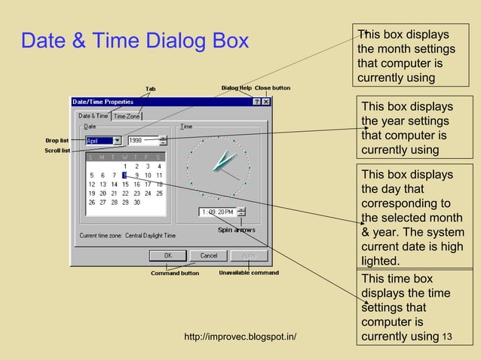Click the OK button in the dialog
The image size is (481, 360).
(x=169, y=255)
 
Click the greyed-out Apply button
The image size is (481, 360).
(x=248, y=255)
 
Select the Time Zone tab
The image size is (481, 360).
(x=127, y=116)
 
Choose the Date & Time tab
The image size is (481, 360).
(x=93, y=116)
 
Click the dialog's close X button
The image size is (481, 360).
(x=265, y=102)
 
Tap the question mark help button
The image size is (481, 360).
(x=256, y=102)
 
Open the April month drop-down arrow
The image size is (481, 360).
(x=117, y=140)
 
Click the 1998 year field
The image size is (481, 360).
(x=142, y=140)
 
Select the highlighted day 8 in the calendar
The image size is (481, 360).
(x=124, y=175)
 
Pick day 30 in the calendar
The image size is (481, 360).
(x=136, y=202)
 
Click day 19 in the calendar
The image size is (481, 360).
(x=92, y=193)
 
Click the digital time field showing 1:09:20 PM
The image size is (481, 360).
(x=217, y=212)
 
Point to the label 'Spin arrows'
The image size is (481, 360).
(x=237, y=230)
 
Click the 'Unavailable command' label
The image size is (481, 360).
(x=249, y=273)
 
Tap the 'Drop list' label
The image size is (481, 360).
(x=57, y=140)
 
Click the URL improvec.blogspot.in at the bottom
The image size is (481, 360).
(x=240, y=336)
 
